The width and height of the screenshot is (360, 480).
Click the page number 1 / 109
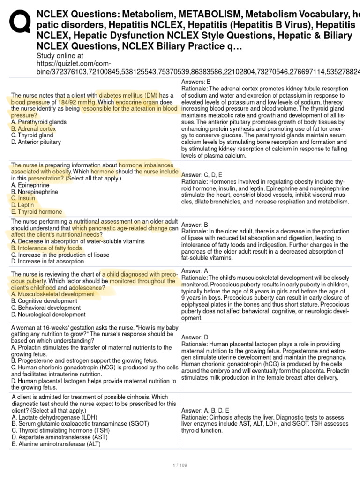[x=180, y=465]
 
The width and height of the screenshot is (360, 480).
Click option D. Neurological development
[x=48, y=315]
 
